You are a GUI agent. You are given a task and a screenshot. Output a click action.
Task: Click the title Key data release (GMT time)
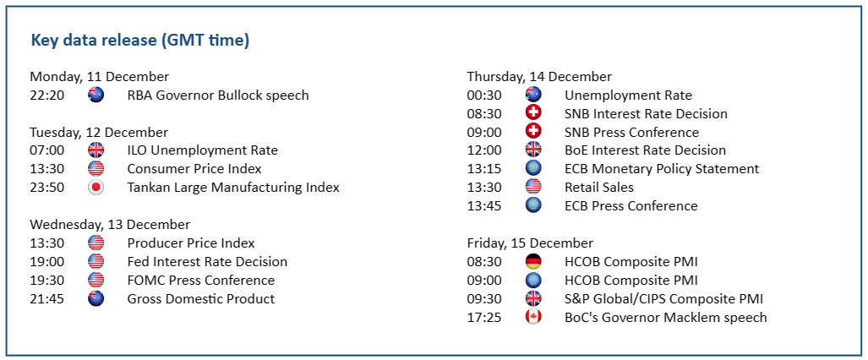140,41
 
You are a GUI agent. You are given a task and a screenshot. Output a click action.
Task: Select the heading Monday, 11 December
100,77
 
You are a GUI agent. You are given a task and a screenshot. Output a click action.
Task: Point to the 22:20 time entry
47,95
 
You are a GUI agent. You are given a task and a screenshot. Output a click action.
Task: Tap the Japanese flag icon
96,188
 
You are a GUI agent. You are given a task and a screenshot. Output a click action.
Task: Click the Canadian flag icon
533,318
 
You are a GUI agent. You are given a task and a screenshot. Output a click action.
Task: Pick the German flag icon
533,261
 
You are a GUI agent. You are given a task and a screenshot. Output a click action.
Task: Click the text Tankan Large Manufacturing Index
233,188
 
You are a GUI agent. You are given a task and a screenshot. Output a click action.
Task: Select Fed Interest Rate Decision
207,261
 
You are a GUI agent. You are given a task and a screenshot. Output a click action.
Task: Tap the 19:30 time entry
47,281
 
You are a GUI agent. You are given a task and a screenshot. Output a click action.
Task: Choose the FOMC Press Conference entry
201,281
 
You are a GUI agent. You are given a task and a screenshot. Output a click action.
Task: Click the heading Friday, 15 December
530,243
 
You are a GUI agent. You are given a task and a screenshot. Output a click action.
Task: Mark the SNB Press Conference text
631,133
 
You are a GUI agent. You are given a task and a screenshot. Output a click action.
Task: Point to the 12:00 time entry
484,150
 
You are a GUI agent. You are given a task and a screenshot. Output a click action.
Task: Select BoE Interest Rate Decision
645,150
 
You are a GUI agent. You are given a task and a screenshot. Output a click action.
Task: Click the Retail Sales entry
599,188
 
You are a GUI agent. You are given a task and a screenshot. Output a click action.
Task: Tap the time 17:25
484,318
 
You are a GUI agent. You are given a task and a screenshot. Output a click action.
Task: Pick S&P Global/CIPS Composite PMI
663,299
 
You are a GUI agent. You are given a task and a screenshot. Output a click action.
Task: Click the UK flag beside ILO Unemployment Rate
96,150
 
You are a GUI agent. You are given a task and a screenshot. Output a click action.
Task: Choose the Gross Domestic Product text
201,299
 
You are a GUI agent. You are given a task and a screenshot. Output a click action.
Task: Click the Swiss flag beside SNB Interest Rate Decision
533,113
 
